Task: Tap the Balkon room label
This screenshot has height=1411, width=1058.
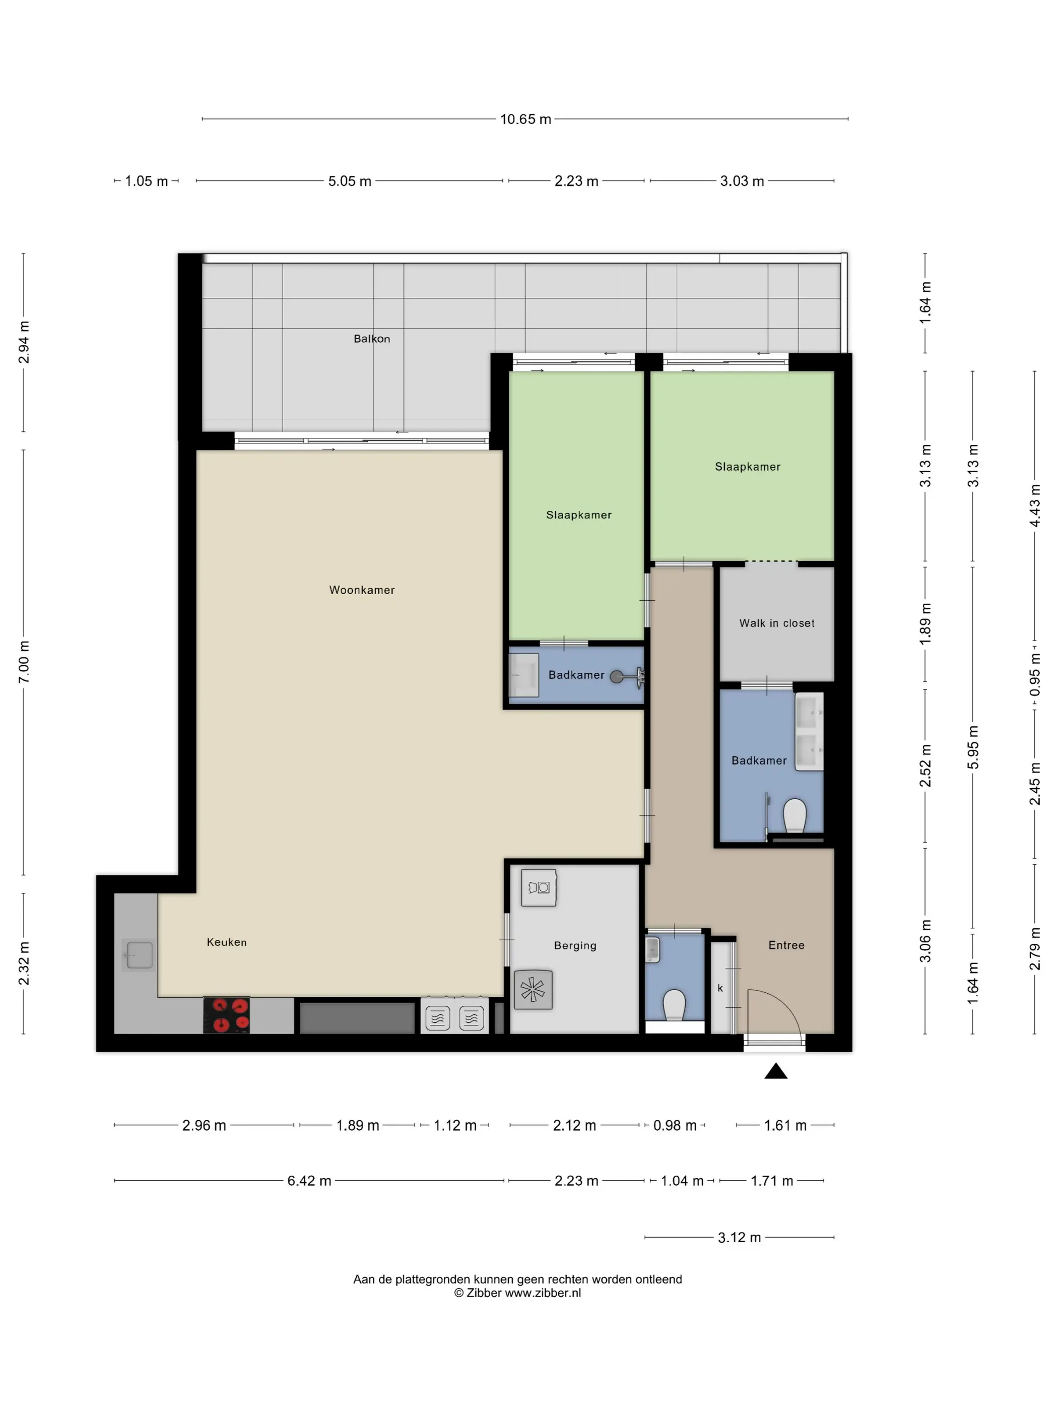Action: coord(372,339)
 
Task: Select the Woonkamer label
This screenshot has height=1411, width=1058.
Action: coord(362,590)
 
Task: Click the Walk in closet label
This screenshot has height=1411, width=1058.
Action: coord(777,623)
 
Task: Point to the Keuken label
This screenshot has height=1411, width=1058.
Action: coord(226,942)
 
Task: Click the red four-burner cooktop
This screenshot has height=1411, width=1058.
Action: coord(226,1015)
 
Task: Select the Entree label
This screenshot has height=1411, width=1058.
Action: coord(786,945)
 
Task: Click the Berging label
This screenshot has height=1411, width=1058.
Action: coord(575,946)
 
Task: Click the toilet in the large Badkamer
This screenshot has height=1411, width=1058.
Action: coord(795,815)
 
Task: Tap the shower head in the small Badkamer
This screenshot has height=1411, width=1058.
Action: coord(617,677)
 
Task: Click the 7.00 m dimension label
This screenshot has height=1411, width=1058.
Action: coord(24,662)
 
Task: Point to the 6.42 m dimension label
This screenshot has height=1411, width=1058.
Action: coord(309,1181)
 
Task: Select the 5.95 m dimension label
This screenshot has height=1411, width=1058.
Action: coord(973,747)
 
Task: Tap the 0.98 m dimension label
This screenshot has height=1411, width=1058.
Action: coord(675,1125)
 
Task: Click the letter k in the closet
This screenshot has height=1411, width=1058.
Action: coord(720,988)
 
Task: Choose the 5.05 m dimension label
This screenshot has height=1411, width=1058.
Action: coord(350,181)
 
